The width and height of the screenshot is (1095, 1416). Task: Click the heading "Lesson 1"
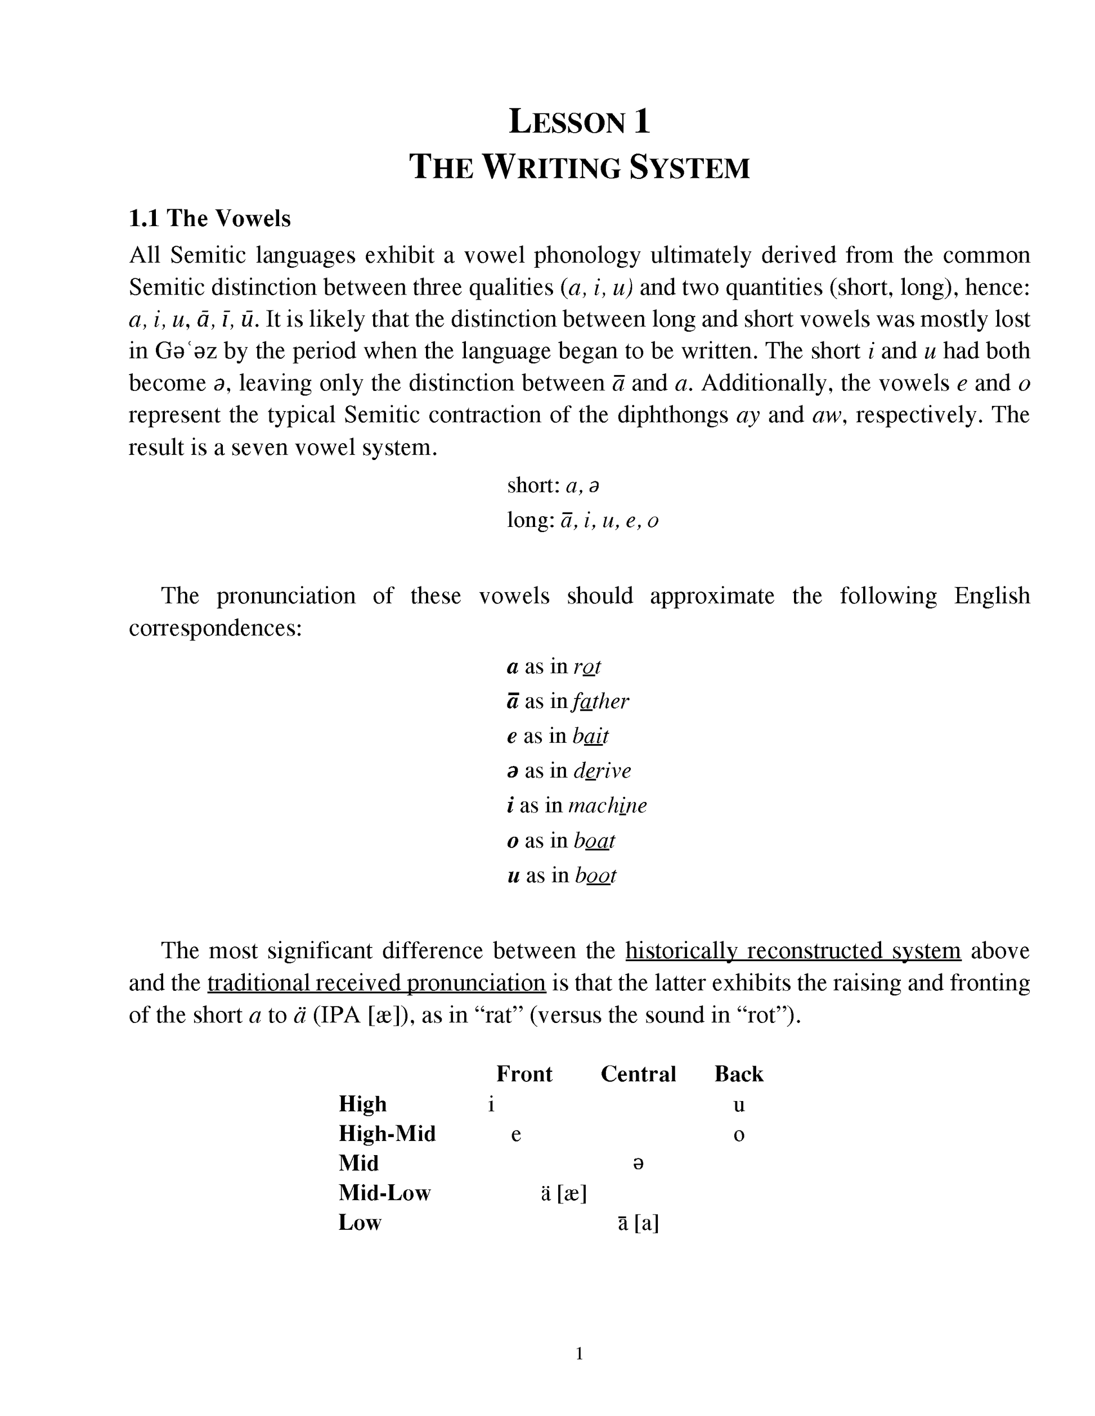579,122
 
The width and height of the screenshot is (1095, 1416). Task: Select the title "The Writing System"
579,167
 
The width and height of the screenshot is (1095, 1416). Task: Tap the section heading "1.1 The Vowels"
209,219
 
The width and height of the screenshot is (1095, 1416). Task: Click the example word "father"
601,701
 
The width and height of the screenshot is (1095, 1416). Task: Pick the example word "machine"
607,806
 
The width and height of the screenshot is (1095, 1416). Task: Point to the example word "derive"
602,771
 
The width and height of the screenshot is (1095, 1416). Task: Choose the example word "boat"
594,841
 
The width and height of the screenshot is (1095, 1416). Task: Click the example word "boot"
595,876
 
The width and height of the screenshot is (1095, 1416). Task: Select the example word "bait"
590,737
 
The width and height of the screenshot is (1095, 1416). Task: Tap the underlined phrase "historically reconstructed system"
793,951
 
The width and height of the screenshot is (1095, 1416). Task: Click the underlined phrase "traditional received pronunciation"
376,984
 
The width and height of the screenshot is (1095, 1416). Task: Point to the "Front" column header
524,1074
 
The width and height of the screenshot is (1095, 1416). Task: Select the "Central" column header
638,1074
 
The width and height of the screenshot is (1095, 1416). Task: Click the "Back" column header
739,1074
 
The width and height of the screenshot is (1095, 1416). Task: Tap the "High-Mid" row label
387,1134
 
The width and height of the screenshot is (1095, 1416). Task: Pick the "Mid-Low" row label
385,1193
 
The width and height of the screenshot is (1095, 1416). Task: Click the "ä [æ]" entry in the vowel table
564,1193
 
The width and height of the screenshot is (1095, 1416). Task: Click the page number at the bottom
579,1354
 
